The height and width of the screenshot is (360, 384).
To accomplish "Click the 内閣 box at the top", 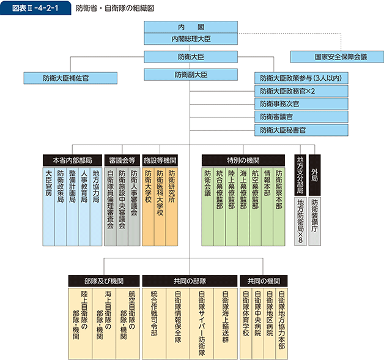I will (x=191, y=28).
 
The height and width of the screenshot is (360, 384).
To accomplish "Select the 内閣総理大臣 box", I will (x=191, y=39).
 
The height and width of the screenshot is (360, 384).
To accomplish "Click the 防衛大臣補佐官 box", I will (x=65, y=78).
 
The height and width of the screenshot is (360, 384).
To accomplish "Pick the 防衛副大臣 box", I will (x=191, y=75).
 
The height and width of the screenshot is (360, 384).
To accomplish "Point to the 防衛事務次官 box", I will (x=301, y=104).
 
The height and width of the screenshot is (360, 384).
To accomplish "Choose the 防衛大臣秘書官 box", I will (x=301, y=130).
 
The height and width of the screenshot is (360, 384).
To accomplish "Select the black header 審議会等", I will (x=121, y=159).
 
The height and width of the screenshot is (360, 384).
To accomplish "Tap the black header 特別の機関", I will (x=243, y=159).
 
